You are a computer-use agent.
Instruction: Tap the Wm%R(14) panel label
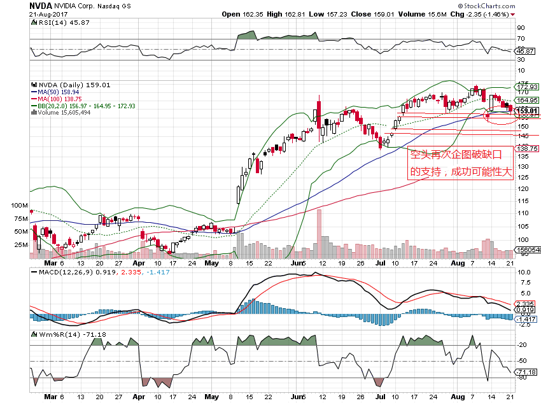[x=59, y=334]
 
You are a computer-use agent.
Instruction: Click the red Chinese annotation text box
[x=461, y=163]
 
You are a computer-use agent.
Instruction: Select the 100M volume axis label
[x=21, y=207]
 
